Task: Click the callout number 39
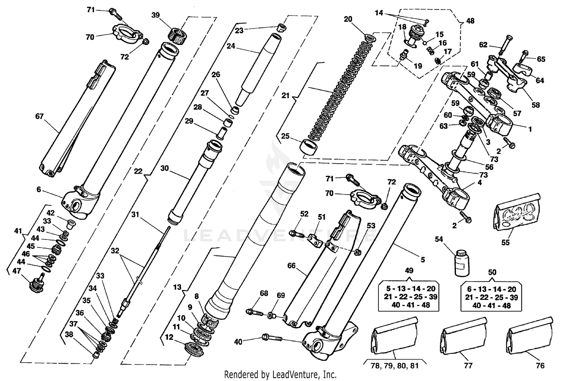[156, 15]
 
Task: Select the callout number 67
[40, 117]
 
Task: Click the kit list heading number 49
[409, 270]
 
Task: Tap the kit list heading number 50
[492, 272]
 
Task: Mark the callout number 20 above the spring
[348, 19]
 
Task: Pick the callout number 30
[165, 168]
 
